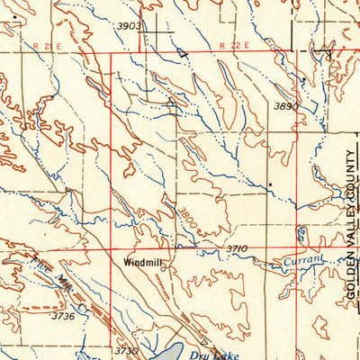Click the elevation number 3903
[130, 26]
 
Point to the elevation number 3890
[285, 106]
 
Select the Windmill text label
[142, 264]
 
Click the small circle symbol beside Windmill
[166, 264]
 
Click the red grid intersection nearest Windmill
[111, 249]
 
